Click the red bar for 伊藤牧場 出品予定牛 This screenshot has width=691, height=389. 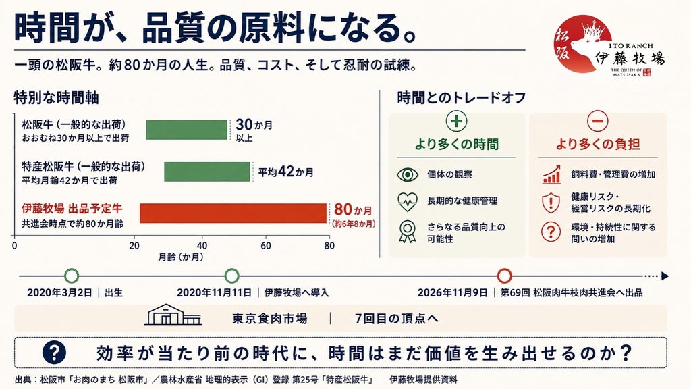tap(233, 213)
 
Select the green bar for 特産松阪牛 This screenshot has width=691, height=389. tap(207, 172)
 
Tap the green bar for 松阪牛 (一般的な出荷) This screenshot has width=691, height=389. tap(186, 130)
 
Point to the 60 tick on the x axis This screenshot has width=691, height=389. tap(266, 246)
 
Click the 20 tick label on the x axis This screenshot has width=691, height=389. tap(134, 246)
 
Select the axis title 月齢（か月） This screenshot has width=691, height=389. tap(181, 257)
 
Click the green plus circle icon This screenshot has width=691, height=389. tap(457, 121)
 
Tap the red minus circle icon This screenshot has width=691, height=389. tap(598, 121)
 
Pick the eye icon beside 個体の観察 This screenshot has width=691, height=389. tap(408, 175)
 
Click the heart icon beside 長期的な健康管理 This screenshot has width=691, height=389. tap(408, 202)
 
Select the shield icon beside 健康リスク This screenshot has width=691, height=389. tap(551, 203)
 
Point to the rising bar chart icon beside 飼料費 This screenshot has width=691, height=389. tap(551, 175)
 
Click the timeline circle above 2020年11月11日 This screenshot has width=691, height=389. tap(232, 276)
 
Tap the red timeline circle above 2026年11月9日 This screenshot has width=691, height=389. tap(505, 276)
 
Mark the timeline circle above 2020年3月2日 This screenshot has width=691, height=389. tap(72, 276)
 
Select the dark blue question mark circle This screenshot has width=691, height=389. tap(54, 353)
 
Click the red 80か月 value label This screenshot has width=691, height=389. tap(353, 209)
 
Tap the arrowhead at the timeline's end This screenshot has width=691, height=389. tap(665, 276)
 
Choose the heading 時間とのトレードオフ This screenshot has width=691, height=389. tap(462, 97)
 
